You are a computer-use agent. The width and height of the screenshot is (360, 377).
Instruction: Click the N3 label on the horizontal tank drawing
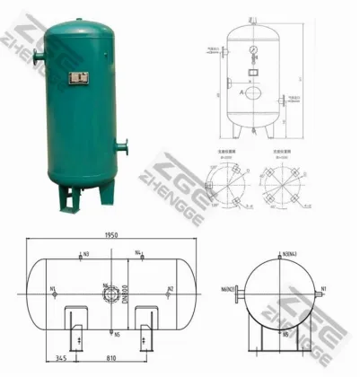click(85, 255)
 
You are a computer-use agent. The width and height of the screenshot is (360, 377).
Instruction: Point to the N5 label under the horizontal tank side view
click(117, 335)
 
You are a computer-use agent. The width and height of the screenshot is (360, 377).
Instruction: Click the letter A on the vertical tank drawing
click(241, 92)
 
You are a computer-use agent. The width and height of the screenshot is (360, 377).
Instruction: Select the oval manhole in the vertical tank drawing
click(257, 92)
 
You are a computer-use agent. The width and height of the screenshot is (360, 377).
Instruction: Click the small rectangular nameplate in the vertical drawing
click(257, 69)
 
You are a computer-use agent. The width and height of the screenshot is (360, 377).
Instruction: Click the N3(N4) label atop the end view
click(289, 255)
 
